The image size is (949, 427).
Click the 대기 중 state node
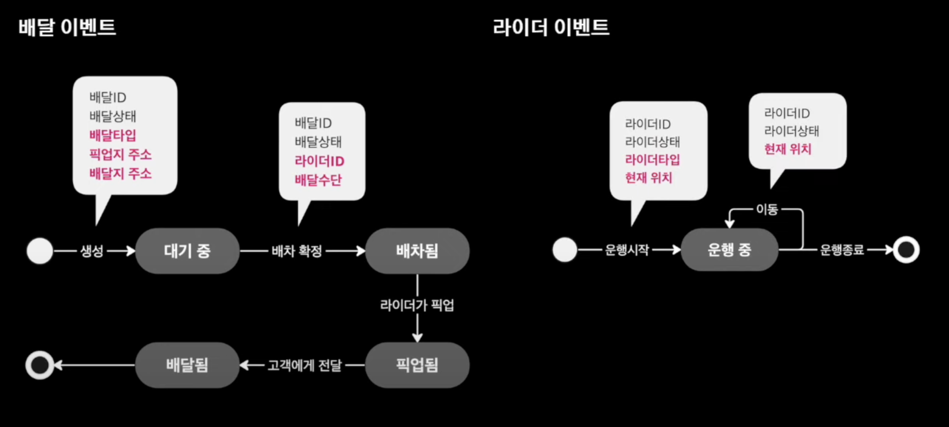pyautogui.click(x=187, y=251)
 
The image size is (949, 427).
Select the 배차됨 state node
pyautogui.click(x=417, y=251)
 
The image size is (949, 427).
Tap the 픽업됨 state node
pyautogui.click(x=417, y=365)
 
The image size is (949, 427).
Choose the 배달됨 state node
pyautogui.click(x=187, y=365)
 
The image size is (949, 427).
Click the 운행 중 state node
pyautogui.click(x=729, y=250)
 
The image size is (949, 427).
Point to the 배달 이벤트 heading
pyautogui.click(x=67, y=27)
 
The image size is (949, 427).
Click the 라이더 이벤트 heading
pyautogui.click(x=551, y=27)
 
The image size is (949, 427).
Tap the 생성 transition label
pyautogui.click(x=92, y=251)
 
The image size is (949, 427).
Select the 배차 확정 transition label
pyautogui.click(x=297, y=251)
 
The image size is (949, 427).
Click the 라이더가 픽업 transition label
pyautogui.click(x=417, y=305)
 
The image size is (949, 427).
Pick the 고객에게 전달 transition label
pyautogui.click(x=304, y=365)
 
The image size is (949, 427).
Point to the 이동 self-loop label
pyautogui.click(x=767, y=209)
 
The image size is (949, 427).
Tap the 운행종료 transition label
pyautogui.click(x=841, y=250)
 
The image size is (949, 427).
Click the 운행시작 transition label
pyautogui.click(x=627, y=250)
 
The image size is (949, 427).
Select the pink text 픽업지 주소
pyautogui.click(x=120, y=155)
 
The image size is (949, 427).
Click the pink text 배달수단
pyautogui.click(x=318, y=180)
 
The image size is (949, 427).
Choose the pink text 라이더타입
pyautogui.click(x=652, y=160)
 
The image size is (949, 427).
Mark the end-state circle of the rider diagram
pyautogui.click(x=906, y=250)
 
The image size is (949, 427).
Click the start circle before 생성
pyautogui.click(x=40, y=251)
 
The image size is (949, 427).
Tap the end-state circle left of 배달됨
pyautogui.click(x=40, y=365)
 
